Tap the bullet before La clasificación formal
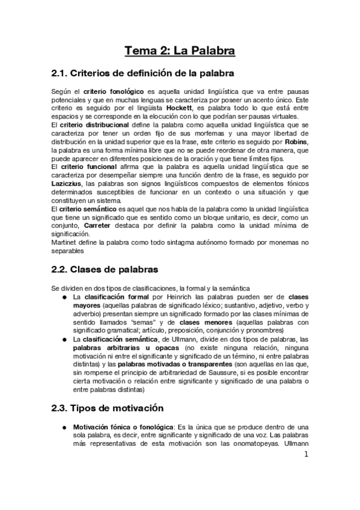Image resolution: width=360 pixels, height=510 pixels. [64, 297]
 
